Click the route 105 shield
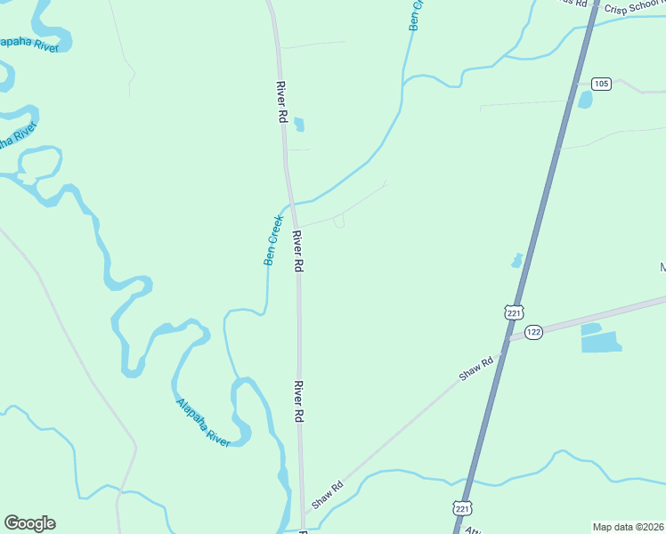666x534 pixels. (601, 84)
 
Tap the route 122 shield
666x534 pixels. (533, 332)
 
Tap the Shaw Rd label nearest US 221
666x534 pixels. (476, 370)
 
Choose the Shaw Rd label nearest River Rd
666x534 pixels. (327, 497)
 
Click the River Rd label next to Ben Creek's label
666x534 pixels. (298, 252)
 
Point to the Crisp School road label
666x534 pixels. (633, 7)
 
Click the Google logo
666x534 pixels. (29, 523)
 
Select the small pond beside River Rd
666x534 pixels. (298, 125)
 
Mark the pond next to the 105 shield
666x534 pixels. (585, 100)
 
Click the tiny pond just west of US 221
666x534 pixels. (516, 261)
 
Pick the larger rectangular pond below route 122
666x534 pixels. (601, 342)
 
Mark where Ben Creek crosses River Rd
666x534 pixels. (291, 203)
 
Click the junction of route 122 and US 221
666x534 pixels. (509, 338)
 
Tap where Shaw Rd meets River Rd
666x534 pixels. (304, 512)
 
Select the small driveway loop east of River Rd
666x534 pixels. (339, 222)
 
